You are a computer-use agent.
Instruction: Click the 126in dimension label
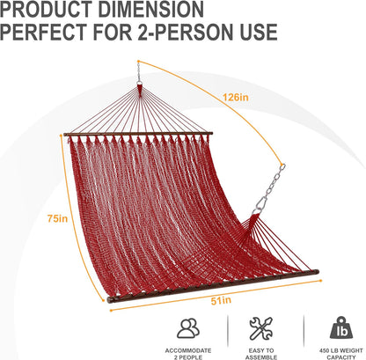pyautogui.click(x=232, y=97)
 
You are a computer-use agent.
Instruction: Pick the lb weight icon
pyautogui.click(x=339, y=328)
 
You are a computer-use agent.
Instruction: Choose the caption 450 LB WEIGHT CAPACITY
pyautogui.click(x=339, y=350)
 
